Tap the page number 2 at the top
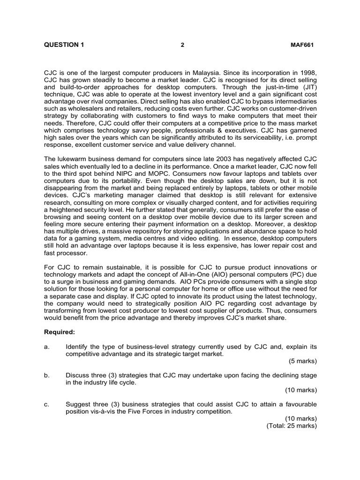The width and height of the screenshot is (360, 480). click(x=182, y=45)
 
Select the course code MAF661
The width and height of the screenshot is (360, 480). click(x=302, y=45)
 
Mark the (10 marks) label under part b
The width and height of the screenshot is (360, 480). click(x=301, y=390)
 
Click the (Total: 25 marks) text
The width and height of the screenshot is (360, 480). click(x=292, y=426)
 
